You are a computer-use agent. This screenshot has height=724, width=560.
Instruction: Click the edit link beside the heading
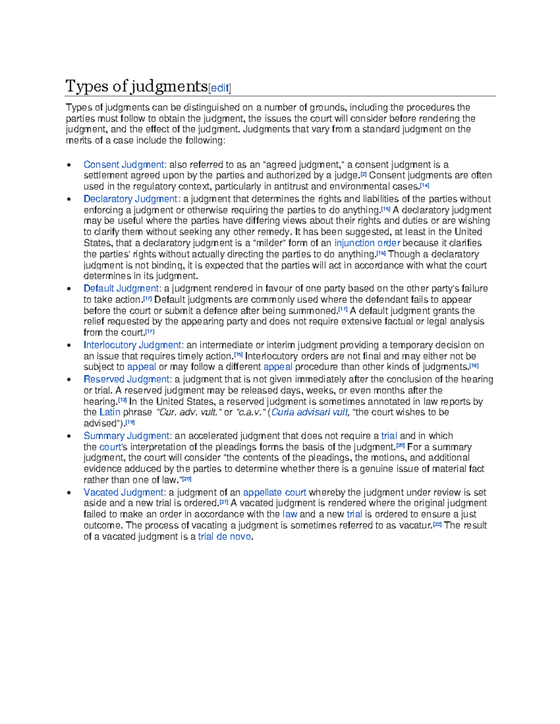pos(219,88)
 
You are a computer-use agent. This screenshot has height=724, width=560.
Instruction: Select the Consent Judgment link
pos(124,165)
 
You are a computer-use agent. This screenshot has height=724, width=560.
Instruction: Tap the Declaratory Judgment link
pos(130,199)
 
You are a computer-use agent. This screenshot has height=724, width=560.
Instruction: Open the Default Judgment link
pos(121,289)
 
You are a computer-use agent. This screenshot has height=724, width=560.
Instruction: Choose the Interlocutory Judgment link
pos(132,345)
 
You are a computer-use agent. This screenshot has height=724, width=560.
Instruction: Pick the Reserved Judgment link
pos(126,379)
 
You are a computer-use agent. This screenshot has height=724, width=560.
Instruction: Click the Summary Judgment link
pos(126,436)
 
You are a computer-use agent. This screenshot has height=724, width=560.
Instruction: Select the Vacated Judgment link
pos(124,492)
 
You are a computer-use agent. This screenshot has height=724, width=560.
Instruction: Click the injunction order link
pos(367,243)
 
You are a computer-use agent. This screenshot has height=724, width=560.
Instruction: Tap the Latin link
pos(110,412)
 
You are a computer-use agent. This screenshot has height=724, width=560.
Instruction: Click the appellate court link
pos(274,492)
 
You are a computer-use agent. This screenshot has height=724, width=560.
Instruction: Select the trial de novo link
pos(224,537)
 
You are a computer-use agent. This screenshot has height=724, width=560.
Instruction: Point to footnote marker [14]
pos(424,186)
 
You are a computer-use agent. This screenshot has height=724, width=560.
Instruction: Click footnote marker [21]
pos(224,502)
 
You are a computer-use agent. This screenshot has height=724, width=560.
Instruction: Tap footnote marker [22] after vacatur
pos(437,524)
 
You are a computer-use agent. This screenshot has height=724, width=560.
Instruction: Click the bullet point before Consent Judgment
pos(69,165)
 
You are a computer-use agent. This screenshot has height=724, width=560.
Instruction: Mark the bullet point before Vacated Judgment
pos(69,493)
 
